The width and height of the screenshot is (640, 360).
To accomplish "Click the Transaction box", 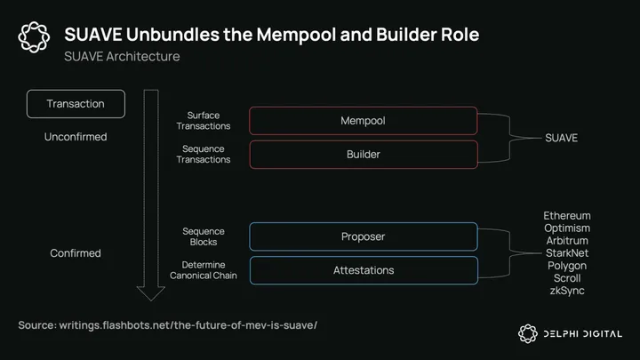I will click(76, 104).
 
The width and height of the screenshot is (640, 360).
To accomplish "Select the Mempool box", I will click(363, 121).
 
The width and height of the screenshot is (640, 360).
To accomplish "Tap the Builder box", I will click(363, 155).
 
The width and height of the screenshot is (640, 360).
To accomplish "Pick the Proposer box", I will click(363, 236).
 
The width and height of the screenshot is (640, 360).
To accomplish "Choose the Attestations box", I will click(363, 270).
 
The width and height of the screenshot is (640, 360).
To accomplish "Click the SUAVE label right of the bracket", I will click(561, 138).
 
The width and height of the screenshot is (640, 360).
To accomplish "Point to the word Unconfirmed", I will click(76, 137).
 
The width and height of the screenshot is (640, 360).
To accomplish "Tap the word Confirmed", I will click(76, 253).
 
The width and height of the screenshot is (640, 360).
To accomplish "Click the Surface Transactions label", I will click(209, 121).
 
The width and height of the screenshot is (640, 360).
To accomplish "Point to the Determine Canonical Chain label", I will click(204, 270).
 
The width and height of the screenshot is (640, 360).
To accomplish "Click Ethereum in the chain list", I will click(567, 216).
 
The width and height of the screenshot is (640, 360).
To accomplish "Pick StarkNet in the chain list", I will click(567, 253).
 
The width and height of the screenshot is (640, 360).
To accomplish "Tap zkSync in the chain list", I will click(567, 291).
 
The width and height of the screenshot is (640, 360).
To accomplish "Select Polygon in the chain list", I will click(567, 266).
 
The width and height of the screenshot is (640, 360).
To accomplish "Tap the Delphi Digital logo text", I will click(582, 334).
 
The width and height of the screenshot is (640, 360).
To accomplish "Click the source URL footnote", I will click(167, 325).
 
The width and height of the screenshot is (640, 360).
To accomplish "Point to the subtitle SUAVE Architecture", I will click(122, 57).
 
